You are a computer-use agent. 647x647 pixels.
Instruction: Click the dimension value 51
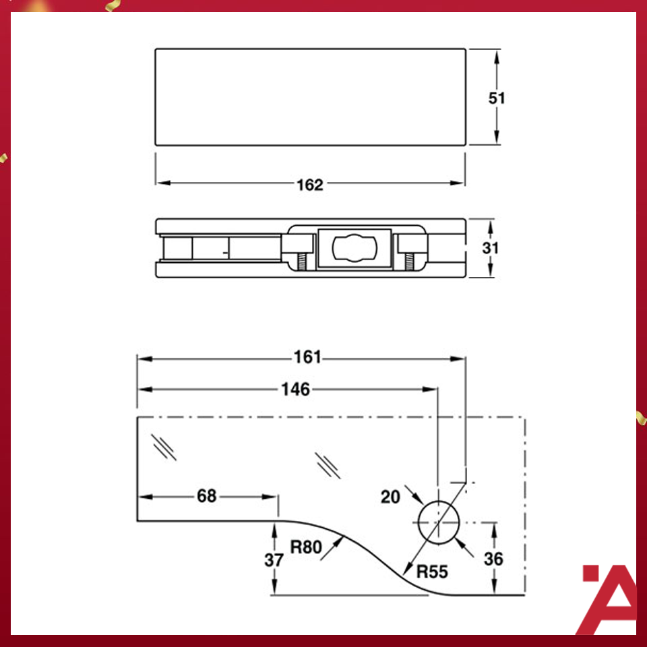[497, 98]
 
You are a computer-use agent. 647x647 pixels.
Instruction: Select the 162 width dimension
[310, 185]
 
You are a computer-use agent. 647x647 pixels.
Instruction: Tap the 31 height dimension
[491, 248]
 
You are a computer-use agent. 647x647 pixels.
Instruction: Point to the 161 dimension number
[308, 357]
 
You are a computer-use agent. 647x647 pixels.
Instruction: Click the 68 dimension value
[207, 496]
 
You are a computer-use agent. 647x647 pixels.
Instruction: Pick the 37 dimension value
[274, 559]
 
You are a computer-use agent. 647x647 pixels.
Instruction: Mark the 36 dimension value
[494, 559]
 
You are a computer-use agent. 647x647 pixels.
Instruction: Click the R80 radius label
[307, 547]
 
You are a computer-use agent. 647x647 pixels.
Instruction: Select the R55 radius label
[432, 573]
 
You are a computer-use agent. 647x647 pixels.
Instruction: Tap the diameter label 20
[390, 497]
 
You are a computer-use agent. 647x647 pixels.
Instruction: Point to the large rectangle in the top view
[310, 96]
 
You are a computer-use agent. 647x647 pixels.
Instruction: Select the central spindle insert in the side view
[354, 248]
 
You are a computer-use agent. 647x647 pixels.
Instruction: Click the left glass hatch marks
[164, 446]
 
